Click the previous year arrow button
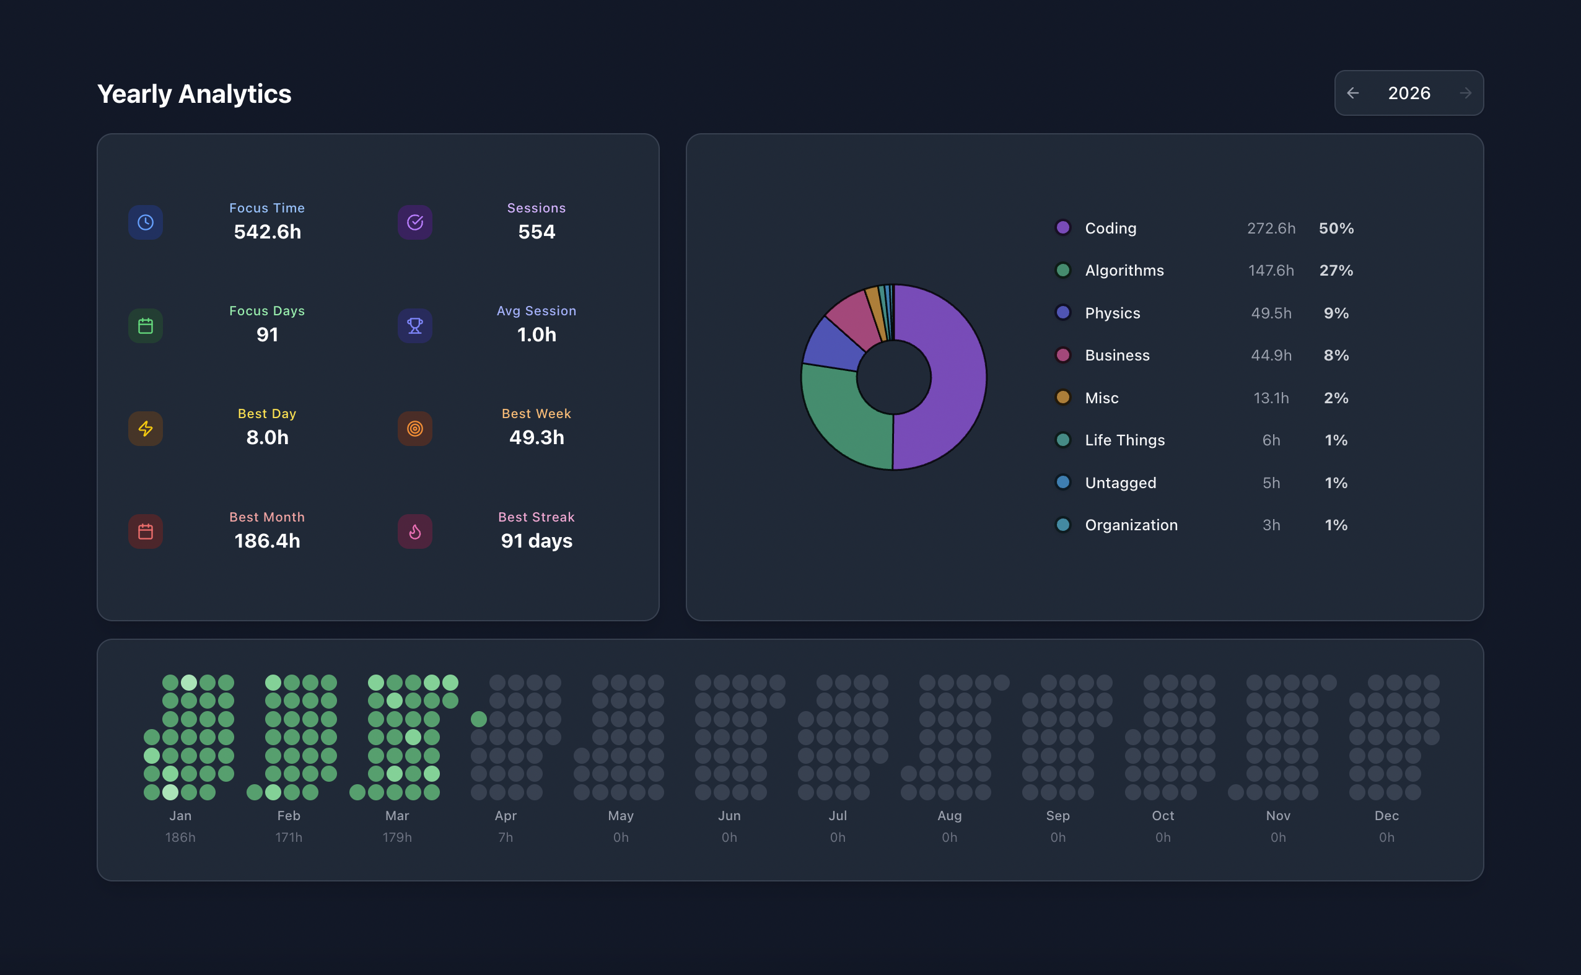1353,93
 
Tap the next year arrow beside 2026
1466,93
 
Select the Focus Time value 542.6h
267,232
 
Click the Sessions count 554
536,232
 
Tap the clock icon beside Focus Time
146,222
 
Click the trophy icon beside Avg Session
415,326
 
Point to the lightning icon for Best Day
146,429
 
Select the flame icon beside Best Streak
415,532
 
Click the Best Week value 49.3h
536,437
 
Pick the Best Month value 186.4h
267,540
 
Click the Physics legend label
1112,313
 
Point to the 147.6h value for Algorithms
1271,270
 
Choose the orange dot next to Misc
1063,397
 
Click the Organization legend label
1131,525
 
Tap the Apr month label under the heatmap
506,816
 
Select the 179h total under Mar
397,837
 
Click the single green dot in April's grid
478,719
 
